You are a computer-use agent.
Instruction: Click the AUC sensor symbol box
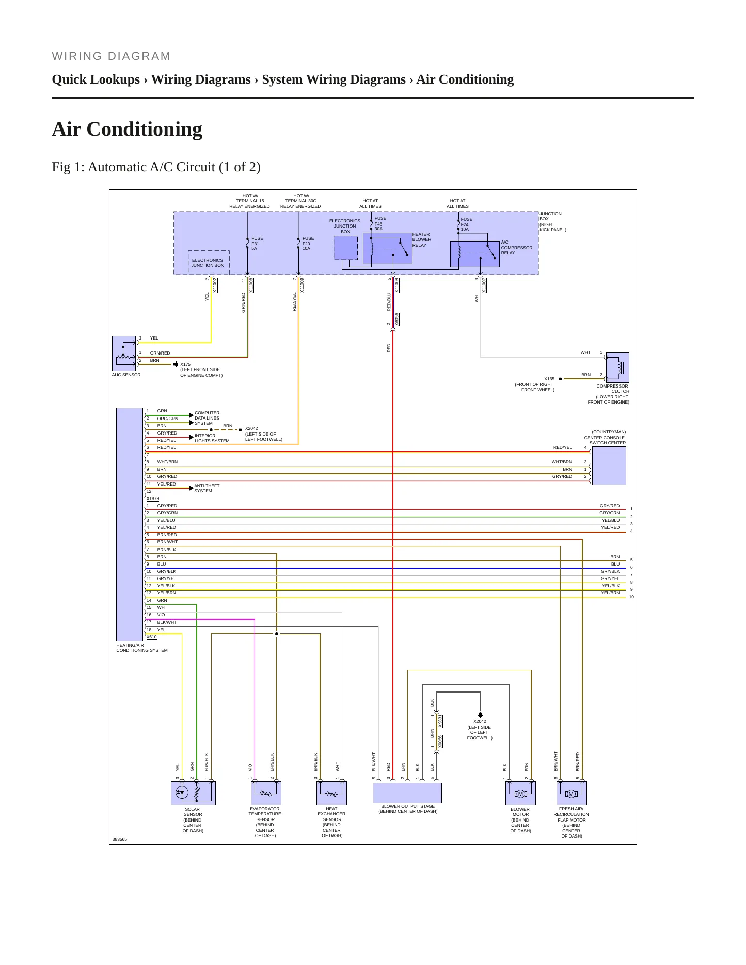(124, 353)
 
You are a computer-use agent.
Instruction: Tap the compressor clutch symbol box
(617, 367)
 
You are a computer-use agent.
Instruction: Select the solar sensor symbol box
(193, 793)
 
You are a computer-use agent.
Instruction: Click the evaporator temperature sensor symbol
(266, 793)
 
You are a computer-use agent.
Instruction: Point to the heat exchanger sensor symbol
(331, 793)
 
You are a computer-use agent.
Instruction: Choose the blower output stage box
(407, 793)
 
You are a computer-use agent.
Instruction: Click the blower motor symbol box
(520, 793)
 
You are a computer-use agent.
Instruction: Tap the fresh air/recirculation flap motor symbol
(572, 793)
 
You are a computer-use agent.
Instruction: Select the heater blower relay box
(388, 248)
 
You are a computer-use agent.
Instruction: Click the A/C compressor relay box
(475, 254)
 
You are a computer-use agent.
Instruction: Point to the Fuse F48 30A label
(380, 223)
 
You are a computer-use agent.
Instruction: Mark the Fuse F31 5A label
(257, 244)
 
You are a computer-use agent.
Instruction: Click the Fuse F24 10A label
(466, 224)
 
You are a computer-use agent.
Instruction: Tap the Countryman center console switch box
(609, 465)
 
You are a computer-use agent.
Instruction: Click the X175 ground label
(185, 364)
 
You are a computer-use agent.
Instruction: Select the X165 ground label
(549, 379)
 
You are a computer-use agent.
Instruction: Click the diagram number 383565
(120, 839)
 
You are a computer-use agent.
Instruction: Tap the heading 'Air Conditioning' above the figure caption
(127, 129)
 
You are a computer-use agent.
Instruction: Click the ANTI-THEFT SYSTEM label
(207, 488)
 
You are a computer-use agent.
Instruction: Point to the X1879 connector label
(153, 498)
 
